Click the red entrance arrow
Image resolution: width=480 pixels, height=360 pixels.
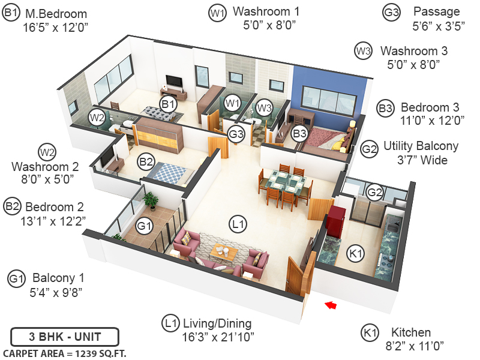click(x=330, y=306)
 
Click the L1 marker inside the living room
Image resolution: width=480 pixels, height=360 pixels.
click(x=238, y=225)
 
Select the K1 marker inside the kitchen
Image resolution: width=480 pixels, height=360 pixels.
click(x=356, y=254)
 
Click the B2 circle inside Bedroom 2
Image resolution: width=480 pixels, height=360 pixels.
click(x=146, y=161)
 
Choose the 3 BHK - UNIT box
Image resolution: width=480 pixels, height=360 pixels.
click(x=65, y=336)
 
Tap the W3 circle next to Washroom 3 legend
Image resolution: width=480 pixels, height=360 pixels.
click(x=363, y=51)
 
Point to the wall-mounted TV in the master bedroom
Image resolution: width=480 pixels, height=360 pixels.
click(x=173, y=81)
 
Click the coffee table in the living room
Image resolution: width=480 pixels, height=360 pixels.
click(x=224, y=253)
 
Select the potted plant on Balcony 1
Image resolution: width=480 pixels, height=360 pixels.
click(x=151, y=199)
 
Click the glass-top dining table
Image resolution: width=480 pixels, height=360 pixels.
click(x=286, y=181)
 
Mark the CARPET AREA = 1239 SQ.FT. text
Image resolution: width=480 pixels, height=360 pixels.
click(x=65, y=353)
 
